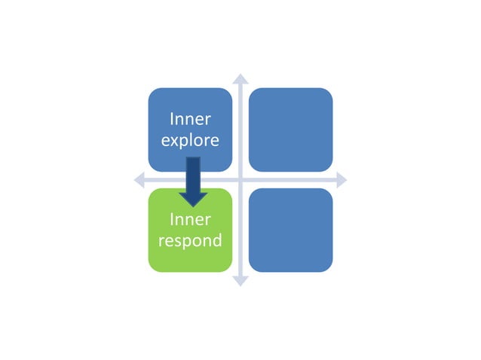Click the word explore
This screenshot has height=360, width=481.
pyautogui.click(x=190, y=141)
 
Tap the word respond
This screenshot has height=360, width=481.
pyautogui.click(x=190, y=241)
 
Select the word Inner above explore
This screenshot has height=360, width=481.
pyautogui.click(x=190, y=119)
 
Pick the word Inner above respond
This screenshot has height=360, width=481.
pyautogui.click(x=190, y=220)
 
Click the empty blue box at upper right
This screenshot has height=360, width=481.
pyautogui.click(x=290, y=129)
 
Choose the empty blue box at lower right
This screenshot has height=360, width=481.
pyautogui.click(x=290, y=230)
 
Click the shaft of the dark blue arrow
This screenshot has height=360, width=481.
pyautogui.click(x=193, y=172)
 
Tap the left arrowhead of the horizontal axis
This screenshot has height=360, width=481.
pyautogui.click(x=139, y=180)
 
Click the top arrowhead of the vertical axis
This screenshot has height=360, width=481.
pyautogui.click(x=240, y=78)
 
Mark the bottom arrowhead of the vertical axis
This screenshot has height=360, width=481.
pyautogui.click(x=240, y=281)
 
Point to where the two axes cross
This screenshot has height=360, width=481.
pyautogui.click(x=240, y=180)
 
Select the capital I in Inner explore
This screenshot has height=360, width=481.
pyautogui.click(x=172, y=119)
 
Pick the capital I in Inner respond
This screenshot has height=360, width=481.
pyautogui.click(x=172, y=220)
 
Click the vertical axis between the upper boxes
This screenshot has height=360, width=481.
pyautogui.click(x=240, y=129)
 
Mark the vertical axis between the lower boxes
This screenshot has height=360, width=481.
pyautogui.click(x=240, y=230)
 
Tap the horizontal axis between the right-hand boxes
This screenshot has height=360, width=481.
pyautogui.click(x=290, y=180)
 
